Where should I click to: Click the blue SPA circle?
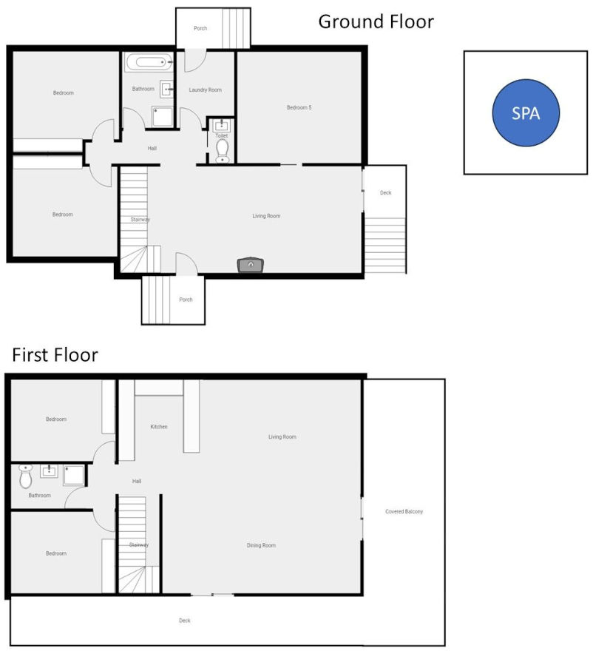pyautogui.click(x=526, y=113)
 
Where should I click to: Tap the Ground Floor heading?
pyautogui.click(x=376, y=21)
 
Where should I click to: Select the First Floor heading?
pyautogui.click(x=55, y=355)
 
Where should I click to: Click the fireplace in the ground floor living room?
pyautogui.click(x=250, y=264)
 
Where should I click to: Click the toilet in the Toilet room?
pyautogui.click(x=222, y=151)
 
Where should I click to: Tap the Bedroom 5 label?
pyautogui.click(x=299, y=108)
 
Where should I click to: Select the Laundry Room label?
pyautogui.click(x=205, y=90)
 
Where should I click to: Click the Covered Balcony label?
pyautogui.click(x=404, y=512)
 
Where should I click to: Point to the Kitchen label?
pyautogui.click(x=159, y=427)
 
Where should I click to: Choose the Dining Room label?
pyautogui.click(x=261, y=546)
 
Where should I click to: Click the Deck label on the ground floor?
pyautogui.click(x=385, y=193)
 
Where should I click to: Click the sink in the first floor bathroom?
pyautogui.click(x=50, y=471)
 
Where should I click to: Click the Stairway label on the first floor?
pyautogui.click(x=139, y=545)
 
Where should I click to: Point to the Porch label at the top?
pyautogui.click(x=200, y=29)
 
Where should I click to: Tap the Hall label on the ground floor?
pyautogui.click(x=152, y=149)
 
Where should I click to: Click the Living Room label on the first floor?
pyautogui.click(x=282, y=437)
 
